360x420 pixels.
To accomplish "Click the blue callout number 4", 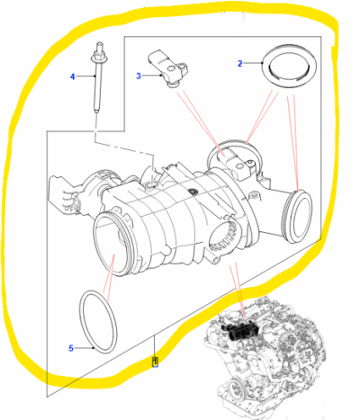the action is [72, 77].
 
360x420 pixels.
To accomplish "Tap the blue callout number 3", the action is [139, 76].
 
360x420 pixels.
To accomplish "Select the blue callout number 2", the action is [239, 64].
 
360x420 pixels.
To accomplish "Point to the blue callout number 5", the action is [71, 348].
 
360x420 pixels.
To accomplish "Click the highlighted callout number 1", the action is [155, 362].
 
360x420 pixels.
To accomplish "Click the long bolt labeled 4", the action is [97, 78].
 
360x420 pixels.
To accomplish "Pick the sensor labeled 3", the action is [167, 69].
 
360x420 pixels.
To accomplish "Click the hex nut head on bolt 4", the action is [97, 56].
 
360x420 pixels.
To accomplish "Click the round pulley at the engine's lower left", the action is [237, 389].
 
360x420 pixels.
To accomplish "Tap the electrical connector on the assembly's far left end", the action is [64, 195].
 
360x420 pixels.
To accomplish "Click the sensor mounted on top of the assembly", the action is [238, 165].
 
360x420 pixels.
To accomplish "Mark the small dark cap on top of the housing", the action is [191, 192].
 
